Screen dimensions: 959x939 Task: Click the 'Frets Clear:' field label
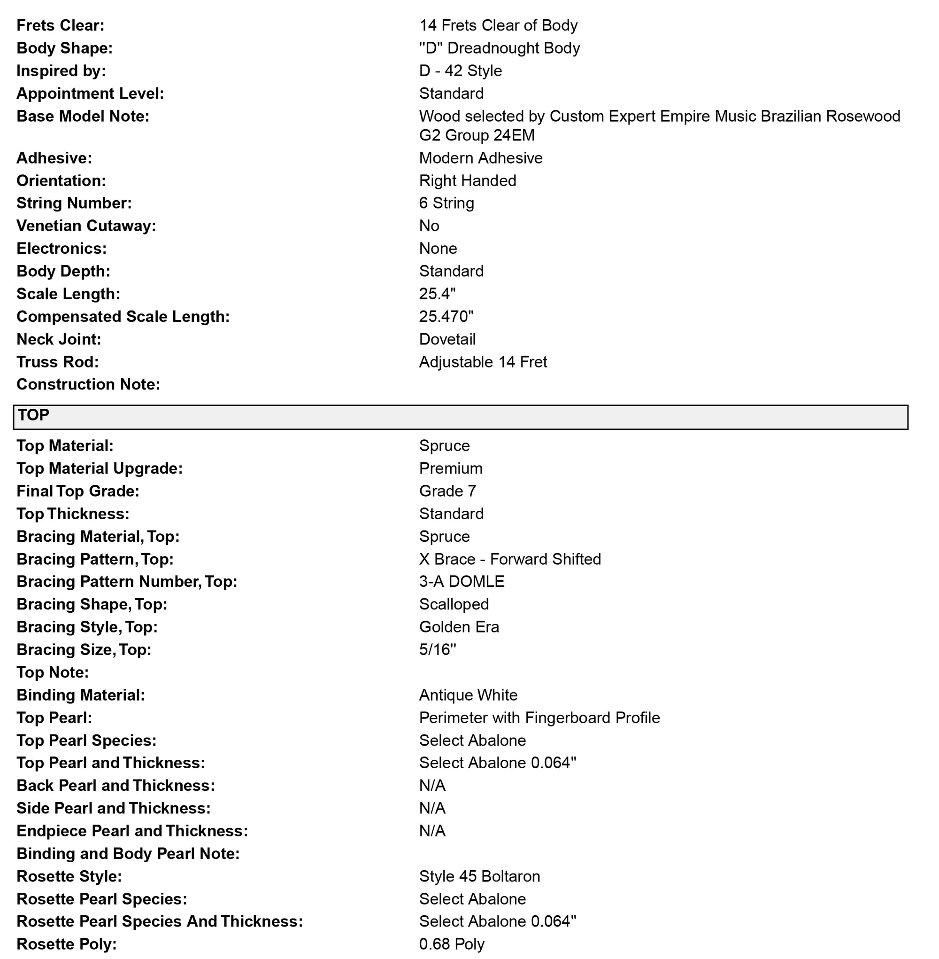click(60, 25)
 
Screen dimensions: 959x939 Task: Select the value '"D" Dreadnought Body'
click(499, 48)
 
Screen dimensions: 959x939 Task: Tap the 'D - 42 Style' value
click(460, 70)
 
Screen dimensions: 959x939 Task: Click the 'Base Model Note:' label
click(82, 116)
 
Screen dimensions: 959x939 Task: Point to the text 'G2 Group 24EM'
click(477, 135)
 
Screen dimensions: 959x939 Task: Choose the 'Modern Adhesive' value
click(480, 158)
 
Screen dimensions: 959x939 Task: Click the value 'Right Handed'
click(468, 180)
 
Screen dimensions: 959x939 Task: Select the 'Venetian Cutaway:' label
click(86, 226)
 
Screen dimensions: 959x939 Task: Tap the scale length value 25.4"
click(437, 294)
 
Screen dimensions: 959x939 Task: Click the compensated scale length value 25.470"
click(446, 316)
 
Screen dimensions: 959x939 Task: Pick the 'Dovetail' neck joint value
click(447, 339)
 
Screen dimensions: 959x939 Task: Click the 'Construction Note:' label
click(88, 384)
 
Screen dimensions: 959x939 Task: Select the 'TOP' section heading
click(33, 415)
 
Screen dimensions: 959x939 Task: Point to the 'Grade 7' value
click(447, 491)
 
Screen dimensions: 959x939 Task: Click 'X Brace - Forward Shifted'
click(510, 559)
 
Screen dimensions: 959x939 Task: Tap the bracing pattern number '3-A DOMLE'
click(462, 581)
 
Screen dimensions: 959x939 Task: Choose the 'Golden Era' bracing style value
click(459, 627)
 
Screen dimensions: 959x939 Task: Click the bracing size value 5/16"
click(438, 649)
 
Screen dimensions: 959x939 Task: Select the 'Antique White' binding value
click(468, 695)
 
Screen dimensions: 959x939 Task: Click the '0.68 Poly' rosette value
click(452, 944)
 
